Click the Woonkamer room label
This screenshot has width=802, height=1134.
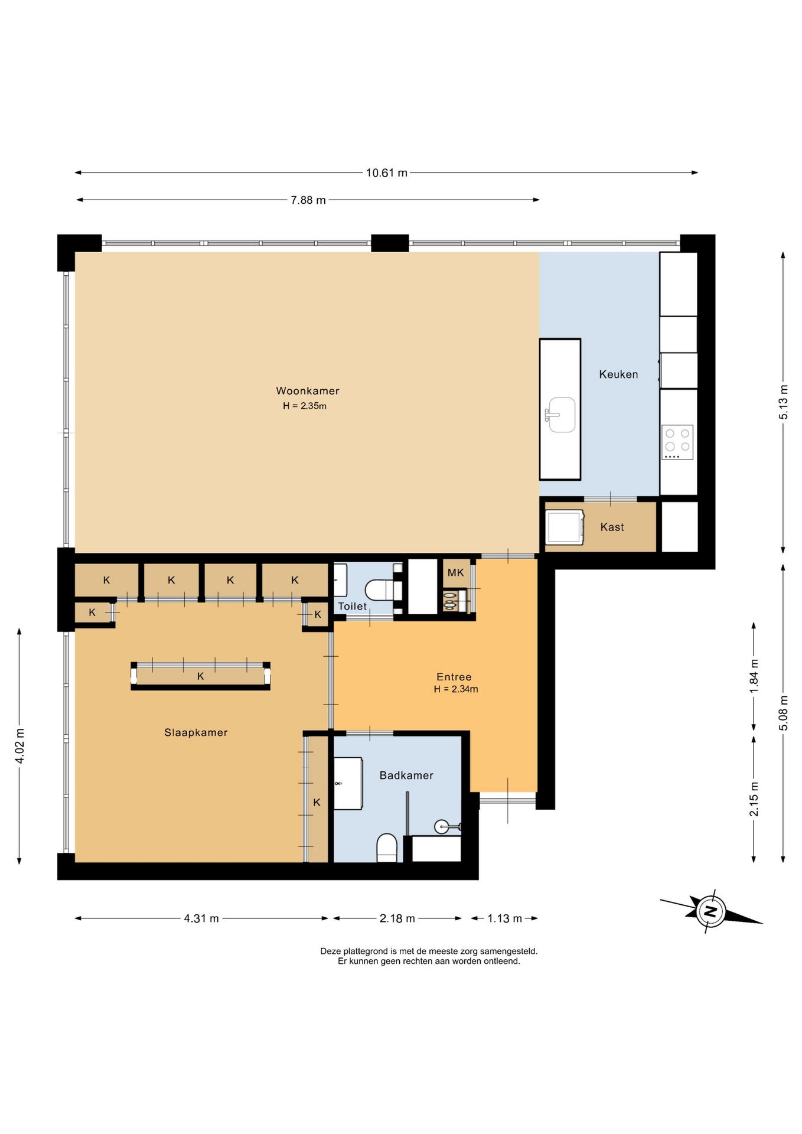tap(308, 390)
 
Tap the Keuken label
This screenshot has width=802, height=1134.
tap(618, 374)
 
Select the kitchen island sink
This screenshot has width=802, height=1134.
tap(560, 415)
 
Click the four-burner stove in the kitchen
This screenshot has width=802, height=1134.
tap(677, 442)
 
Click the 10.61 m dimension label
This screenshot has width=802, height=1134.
tap(387, 172)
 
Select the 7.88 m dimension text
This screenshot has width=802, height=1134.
tap(308, 200)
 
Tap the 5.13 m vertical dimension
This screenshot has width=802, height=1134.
tap(783, 402)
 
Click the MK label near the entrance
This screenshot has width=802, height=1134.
tap(456, 572)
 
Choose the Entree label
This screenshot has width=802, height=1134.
tap(454, 677)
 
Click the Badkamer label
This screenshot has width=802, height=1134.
tap(406, 775)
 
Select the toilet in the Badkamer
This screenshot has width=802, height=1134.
tap(387, 848)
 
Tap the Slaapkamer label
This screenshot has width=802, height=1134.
tap(196, 732)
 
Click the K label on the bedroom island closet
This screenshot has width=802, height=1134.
tap(201, 676)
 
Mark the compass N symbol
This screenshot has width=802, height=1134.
tap(711, 910)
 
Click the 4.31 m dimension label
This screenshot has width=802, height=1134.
tap(201, 918)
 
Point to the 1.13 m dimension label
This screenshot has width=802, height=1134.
tap(504, 918)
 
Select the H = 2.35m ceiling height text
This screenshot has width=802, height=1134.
tap(305, 406)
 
